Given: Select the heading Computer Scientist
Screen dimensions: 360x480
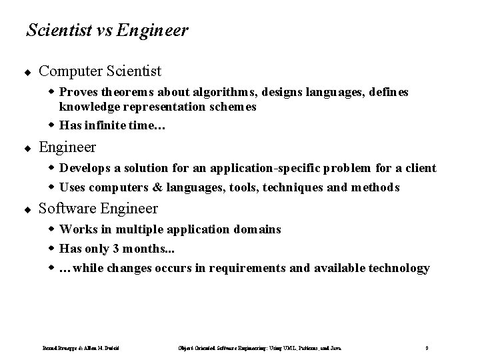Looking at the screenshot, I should pos(100,70).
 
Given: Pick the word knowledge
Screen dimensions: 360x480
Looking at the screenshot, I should pos(89,106).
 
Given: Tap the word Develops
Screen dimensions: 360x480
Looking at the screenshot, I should pos(85,168).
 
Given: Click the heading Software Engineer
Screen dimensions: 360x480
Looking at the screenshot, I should pos(99,209).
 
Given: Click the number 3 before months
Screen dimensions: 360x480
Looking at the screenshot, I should pos(119,249).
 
